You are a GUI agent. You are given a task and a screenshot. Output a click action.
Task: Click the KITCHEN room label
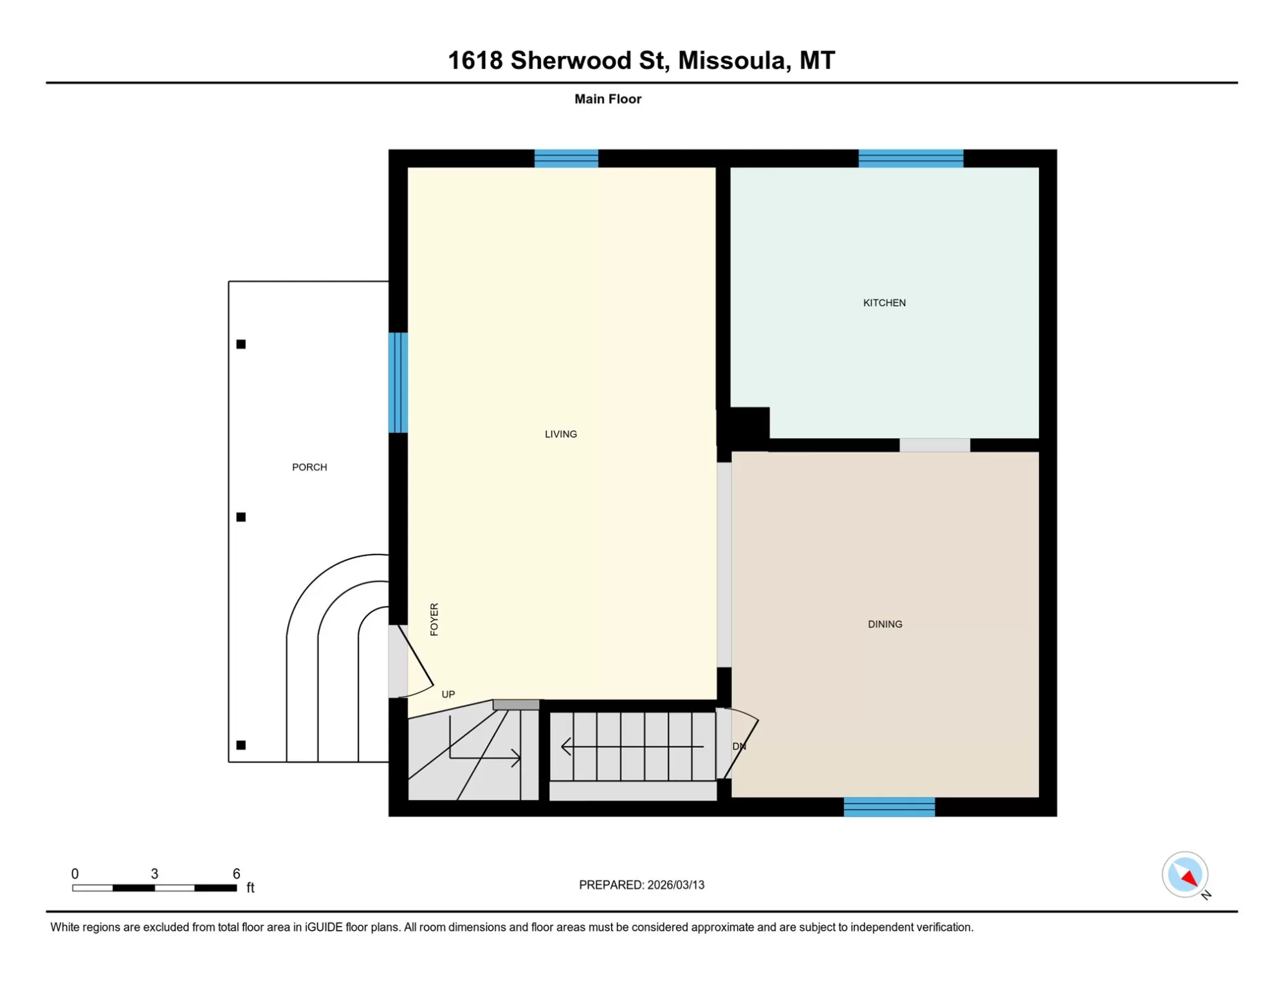click(884, 303)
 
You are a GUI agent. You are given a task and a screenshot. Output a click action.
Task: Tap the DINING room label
click(885, 624)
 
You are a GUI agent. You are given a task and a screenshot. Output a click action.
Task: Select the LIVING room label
click(560, 434)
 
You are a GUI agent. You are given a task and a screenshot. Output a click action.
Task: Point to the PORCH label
click(309, 467)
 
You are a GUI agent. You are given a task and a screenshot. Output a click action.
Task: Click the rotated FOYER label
click(434, 620)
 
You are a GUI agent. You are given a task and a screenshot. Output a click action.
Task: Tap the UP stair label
click(448, 694)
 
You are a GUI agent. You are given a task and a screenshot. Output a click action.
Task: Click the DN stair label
click(739, 746)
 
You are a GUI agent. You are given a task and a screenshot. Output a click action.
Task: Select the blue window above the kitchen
click(910, 158)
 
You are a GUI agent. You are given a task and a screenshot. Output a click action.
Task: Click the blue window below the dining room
click(889, 807)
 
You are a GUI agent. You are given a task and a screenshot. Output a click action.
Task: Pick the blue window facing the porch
click(398, 383)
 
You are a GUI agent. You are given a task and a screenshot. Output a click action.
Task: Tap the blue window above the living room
click(566, 158)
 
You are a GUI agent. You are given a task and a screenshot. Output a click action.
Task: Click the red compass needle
click(1189, 877)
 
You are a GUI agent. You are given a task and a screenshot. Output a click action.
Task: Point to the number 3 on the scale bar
click(154, 874)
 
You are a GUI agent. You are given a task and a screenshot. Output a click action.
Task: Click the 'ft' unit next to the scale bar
click(250, 888)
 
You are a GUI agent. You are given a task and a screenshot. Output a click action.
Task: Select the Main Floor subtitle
click(608, 99)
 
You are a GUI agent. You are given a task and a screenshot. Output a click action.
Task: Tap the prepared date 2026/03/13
click(675, 885)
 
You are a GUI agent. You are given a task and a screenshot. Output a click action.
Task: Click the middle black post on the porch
click(241, 517)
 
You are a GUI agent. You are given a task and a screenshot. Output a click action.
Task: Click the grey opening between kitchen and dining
click(934, 445)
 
